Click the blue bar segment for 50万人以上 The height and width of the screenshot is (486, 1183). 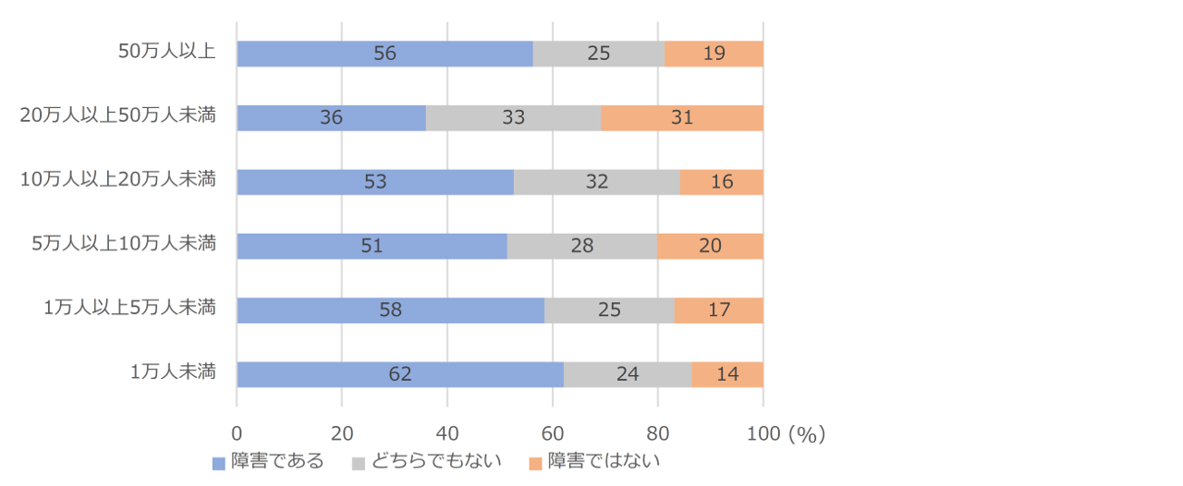coord(384,54)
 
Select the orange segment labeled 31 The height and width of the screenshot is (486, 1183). coord(682,118)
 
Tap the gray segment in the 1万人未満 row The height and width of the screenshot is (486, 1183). coord(628,374)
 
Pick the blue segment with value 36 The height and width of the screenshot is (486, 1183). coord(331,118)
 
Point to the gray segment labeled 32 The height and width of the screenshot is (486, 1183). coord(596,182)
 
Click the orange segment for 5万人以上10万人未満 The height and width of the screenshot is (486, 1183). coord(710,247)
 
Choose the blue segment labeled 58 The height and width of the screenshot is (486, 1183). coord(390,310)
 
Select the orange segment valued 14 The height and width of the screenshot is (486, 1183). coord(727,374)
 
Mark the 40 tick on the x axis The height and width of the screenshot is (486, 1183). coord(447,432)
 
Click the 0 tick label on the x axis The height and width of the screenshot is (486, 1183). coord(238,432)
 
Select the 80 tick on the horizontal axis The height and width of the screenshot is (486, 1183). coord(658,432)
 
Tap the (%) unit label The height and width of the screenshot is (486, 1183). coord(806,432)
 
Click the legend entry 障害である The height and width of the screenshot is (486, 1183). coord(277,461)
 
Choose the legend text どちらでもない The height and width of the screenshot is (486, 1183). coord(436,461)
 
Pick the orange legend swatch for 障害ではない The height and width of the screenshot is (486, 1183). coord(535,462)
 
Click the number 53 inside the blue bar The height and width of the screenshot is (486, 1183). coord(375,182)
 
